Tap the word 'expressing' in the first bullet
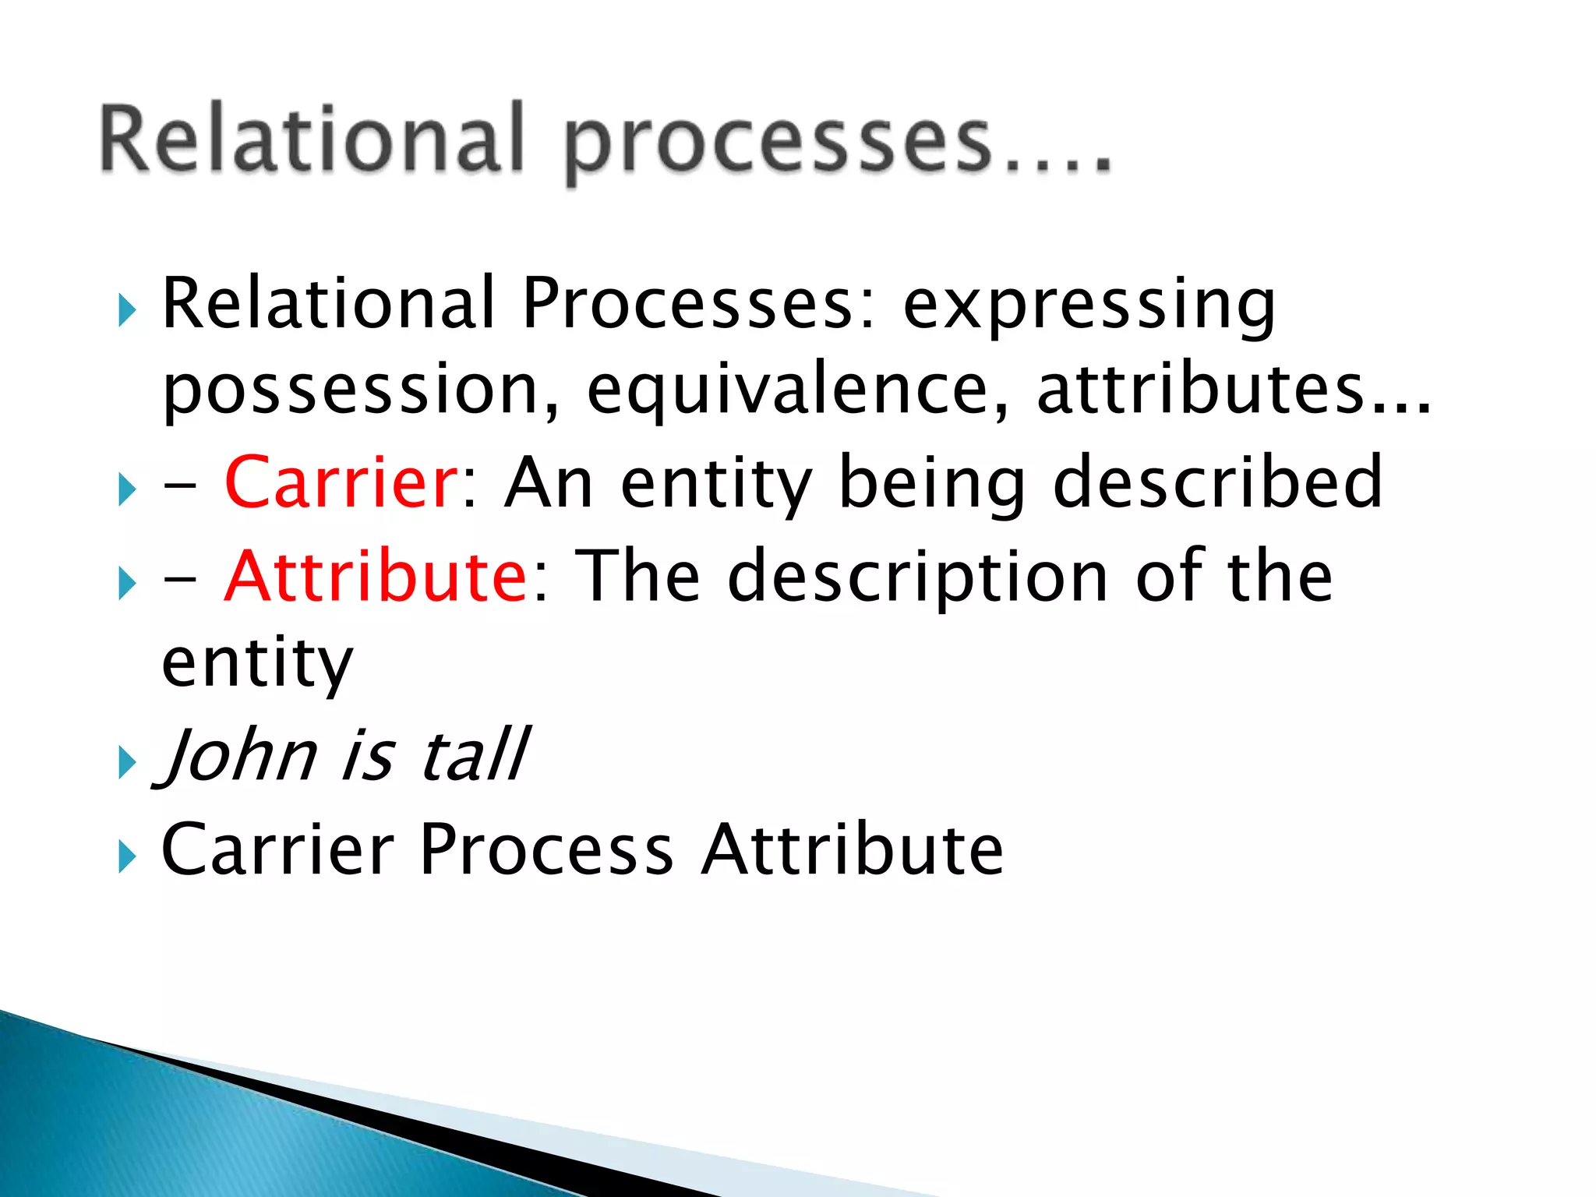[1089, 306]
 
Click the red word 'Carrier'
[341, 482]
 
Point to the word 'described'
[1217, 482]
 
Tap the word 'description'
[918, 577]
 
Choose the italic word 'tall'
[475, 754]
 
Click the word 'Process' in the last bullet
[546, 849]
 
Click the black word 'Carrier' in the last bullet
[277, 849]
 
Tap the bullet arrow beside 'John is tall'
[127, 761]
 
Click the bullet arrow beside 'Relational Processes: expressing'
[127, 311]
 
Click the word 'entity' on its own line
[257, 664]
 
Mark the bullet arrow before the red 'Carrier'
[127, 490]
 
